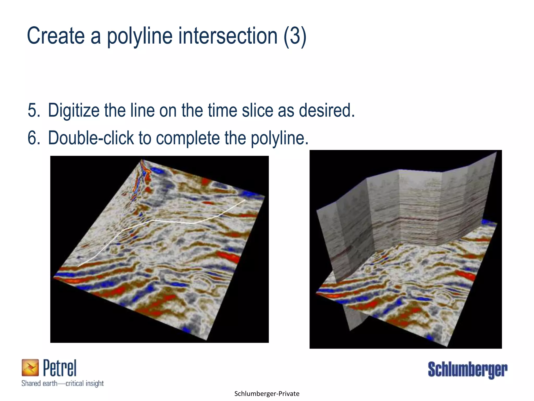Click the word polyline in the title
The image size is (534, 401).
(x=139, y=37)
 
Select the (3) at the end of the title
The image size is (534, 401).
(x=295, y=36)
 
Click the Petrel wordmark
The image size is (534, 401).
(x=60, y=368)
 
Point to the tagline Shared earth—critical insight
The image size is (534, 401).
(x=63, y=383)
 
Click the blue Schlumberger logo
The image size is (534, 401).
(x=468, y=370)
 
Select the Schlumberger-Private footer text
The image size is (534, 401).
(x=267, y=394)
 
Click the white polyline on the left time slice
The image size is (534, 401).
(x=172, y=222)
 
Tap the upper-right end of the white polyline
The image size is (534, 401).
(x=245, y=200)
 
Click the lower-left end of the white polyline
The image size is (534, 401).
(x=78, y=266)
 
